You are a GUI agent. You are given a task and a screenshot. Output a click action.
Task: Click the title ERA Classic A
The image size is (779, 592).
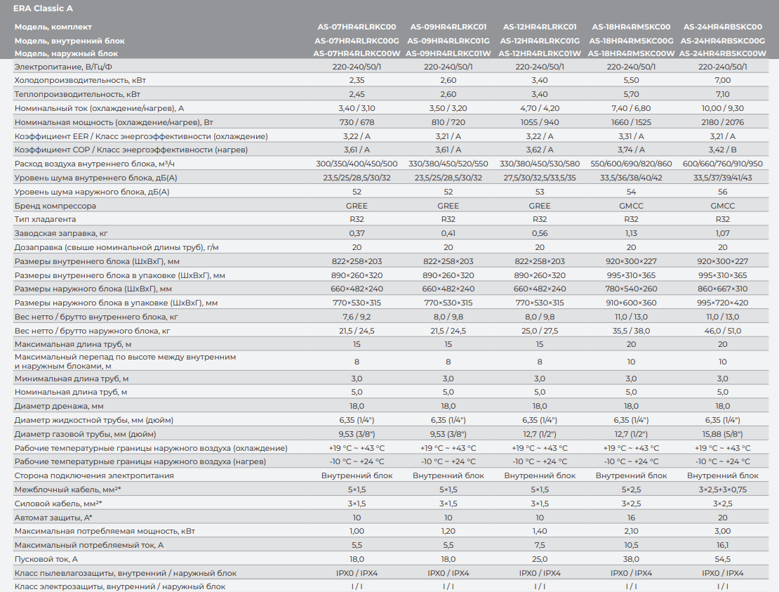[43, 8]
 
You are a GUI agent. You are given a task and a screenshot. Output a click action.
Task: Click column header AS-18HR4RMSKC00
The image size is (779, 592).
[631, 27]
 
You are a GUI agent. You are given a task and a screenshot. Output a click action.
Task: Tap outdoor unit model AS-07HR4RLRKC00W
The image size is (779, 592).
[357, 53]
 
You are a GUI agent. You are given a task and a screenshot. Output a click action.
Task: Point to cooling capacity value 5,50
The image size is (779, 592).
[631, 81]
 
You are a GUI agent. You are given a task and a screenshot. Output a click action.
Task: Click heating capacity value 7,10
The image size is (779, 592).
[722, 94]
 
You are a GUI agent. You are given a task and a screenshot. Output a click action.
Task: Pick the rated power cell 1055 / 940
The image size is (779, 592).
[539, 122]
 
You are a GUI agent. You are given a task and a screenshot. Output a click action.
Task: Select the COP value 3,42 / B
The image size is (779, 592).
[722, 150]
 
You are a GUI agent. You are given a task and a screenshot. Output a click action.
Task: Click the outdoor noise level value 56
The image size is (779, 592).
[722, 192]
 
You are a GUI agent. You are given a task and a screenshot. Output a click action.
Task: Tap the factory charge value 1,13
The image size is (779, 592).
[631, 233]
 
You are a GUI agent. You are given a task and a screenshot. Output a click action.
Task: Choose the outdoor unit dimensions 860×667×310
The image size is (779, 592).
[722, 289]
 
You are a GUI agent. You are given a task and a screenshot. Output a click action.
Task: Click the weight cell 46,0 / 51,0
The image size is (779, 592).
[722, 330]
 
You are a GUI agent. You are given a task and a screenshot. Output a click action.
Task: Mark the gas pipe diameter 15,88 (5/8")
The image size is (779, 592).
[722, 434]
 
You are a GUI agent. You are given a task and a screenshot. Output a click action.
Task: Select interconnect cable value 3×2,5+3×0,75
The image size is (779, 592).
[722, 489]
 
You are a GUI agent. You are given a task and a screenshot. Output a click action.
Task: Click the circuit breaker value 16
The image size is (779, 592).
[631, 517]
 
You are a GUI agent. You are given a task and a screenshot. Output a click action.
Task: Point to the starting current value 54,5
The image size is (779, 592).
[722, 559]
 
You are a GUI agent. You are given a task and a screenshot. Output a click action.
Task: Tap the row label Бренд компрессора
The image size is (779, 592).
[55, 206]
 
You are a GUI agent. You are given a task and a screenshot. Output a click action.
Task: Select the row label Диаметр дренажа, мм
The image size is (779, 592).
[59, 406]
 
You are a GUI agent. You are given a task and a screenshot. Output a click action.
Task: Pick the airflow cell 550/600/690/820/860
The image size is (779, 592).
[631, 164]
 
